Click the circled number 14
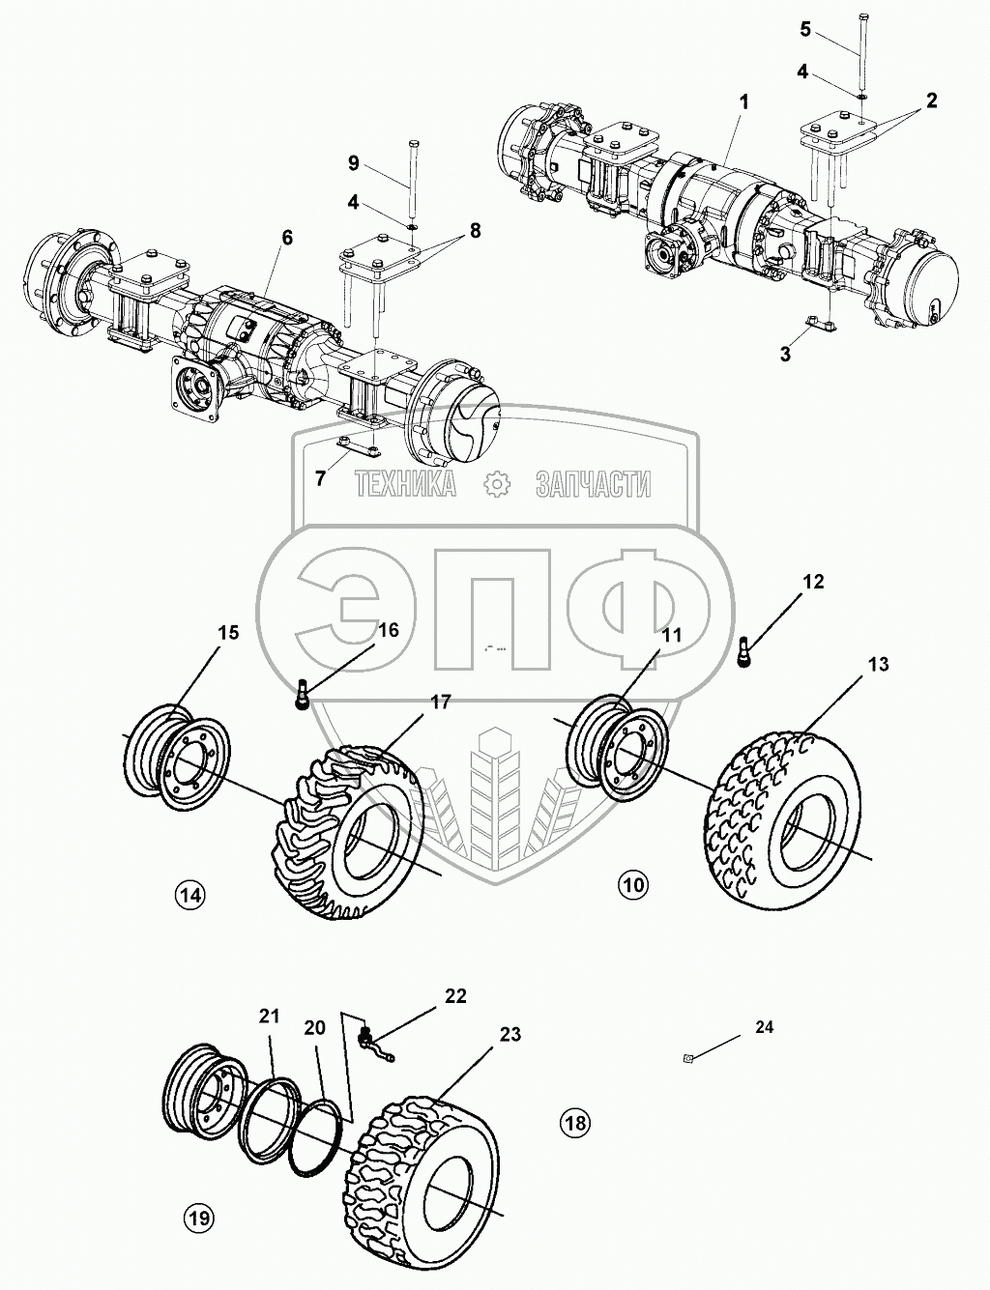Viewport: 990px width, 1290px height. coord(189,895)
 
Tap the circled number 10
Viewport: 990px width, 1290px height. coord(634,882)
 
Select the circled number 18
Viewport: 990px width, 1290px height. coord(574,1123)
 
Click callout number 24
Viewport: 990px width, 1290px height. coord(764,1027)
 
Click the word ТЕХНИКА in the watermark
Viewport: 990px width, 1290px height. coord(405,484)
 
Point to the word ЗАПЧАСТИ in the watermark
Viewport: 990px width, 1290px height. coord(593,484)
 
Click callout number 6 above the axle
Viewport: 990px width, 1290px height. coord(288,238)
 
